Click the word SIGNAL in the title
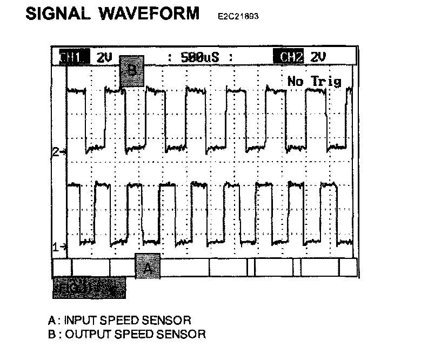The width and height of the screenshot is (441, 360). [x=58, y=14]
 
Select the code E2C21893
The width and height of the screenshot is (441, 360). [x=238, y=17]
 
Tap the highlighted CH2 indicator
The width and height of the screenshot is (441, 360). [x=289, y=57]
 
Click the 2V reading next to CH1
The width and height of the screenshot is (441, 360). [x=104, y=57]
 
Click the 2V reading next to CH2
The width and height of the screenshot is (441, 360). [x=318, y=57]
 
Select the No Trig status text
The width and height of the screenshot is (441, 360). [x=315, y=82]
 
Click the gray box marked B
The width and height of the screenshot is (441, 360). [x=131, y=71]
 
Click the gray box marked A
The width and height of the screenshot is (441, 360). [x=148, y=266]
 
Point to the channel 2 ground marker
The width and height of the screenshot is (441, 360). [x=58, y=152]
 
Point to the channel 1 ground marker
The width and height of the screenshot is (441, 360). [x=58, y=247]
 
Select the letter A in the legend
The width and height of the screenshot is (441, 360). [x=51, y=321]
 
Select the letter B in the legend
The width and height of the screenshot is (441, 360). [x=51, y=334]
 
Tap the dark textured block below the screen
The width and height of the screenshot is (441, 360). [x=89, y=288]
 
